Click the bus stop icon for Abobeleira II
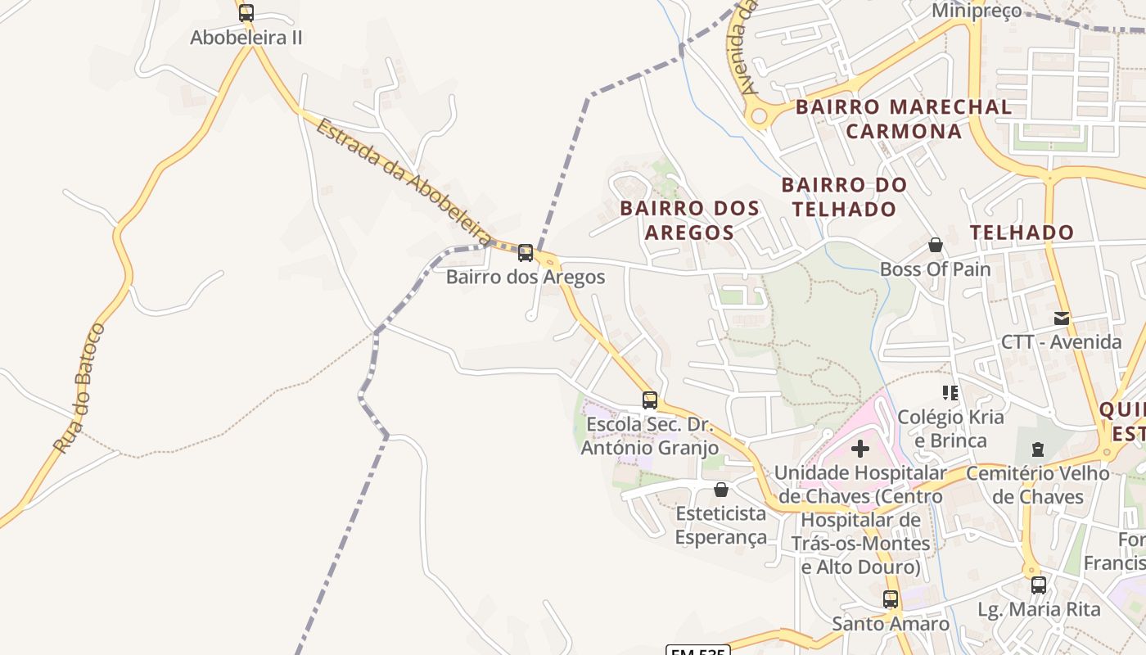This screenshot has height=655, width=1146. click(x=246, y=13)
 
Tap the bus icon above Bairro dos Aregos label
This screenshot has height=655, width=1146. click(x=526, y=253)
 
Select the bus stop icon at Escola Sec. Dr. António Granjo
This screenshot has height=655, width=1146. click(x=650, y=400)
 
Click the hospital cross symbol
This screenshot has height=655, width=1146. click(x=860, y=449)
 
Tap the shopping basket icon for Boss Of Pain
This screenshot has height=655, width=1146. click(x=936, y=245)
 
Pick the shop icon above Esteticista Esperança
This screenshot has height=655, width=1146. click(x=721, y=490)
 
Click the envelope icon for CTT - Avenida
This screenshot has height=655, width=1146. click(x=1062, y=318)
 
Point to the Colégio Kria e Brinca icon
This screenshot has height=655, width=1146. click(x=950, y=393)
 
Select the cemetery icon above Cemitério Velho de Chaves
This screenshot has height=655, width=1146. click(x=1038, y=449)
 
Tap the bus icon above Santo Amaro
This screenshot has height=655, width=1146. click(x=891, y=599)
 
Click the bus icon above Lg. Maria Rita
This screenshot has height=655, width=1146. click(x=1039, y=585)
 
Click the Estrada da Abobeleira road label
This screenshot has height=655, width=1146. click(x=405, y=183)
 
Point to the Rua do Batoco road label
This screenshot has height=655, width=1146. click(x=80, y=388)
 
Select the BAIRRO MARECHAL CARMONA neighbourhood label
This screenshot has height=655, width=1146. click(x=904, y=119)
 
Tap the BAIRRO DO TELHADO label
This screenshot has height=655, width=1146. click(x=844, y=197)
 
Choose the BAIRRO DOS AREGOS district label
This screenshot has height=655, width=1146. click(x=689, y=220)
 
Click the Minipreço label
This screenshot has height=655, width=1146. click(x=977, y=11)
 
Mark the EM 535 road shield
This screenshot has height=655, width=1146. click(x=697, y=650)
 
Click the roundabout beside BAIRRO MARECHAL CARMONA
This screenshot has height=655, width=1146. click(x=759, y=116)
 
